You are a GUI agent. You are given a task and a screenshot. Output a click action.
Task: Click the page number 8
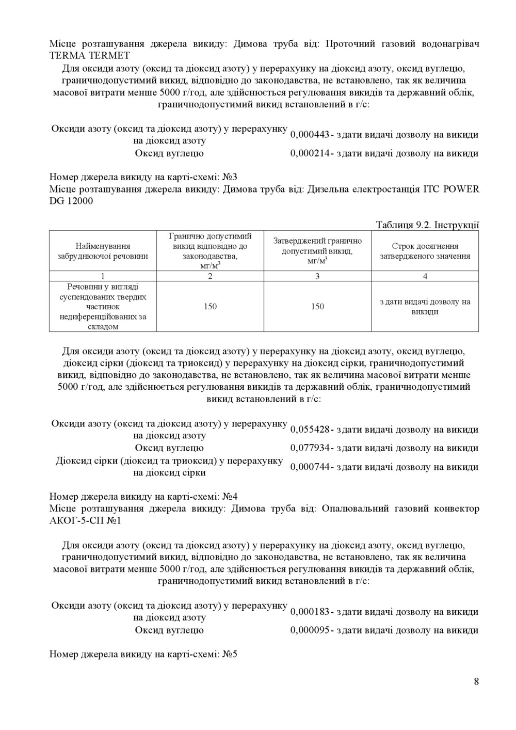[476, 681]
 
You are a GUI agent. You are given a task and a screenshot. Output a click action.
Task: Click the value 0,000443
[310, 135]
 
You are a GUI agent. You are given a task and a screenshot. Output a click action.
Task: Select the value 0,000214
[310, 153]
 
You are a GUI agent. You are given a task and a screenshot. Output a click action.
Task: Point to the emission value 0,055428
[310, 430]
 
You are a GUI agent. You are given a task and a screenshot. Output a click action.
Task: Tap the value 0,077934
[310, 448]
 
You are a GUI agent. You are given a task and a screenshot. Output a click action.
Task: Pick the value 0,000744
[310, 467]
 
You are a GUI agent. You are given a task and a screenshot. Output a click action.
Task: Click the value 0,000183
[310, 612]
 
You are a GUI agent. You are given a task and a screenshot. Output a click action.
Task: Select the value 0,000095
[310, 630]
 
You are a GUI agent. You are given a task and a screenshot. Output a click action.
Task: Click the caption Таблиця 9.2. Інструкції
[427, 225]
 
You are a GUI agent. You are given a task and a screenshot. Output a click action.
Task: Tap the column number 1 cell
[103, 276]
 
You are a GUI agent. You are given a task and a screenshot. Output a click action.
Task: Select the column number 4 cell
[425, 276]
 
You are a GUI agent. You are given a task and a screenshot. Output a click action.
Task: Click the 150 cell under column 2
[210, 307]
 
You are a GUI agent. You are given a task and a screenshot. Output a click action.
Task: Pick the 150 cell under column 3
[317, 307]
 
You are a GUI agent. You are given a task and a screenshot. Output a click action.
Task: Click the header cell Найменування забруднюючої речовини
[103, 251]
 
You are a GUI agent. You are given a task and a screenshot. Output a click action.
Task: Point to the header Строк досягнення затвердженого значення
[425, 251]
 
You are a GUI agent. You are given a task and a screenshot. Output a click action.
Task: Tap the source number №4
[229, 497]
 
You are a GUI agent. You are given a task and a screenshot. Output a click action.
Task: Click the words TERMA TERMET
[89, 55]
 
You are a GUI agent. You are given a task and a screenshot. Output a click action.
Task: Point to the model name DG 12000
[71, 201]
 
